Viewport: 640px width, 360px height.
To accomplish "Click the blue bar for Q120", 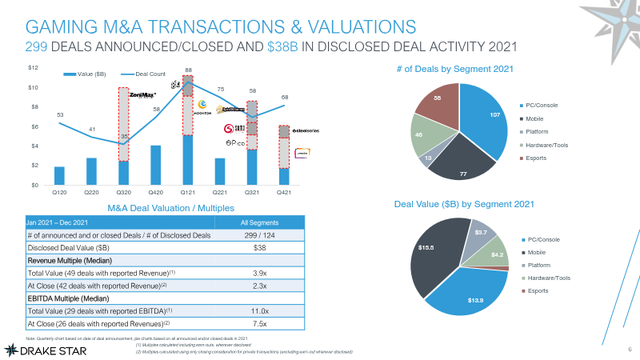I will pyautogui.click(x=59, y=175).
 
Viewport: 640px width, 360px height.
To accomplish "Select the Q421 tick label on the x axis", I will pyautogui.click(x=284, y=192).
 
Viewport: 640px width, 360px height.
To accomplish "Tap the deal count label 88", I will pyautogui.click(x=188, y=70).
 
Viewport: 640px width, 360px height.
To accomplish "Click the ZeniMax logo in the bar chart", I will pyautogui.click(x=143, y=94).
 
